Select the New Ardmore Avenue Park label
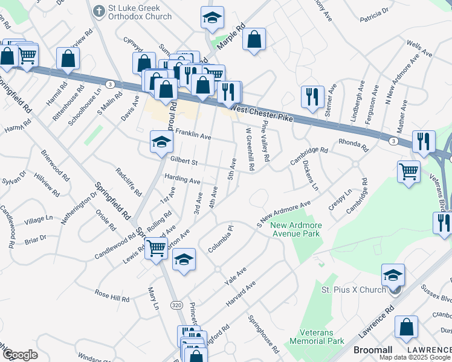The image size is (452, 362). point(296,230)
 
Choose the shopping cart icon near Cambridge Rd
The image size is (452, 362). point(409,171)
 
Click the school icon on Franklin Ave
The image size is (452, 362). point(161,142)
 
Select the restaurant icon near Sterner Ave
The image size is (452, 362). point(312,98)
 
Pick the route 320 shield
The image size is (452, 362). point(176,306)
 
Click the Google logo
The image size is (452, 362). point(20,355)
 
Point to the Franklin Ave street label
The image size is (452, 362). point(193,137)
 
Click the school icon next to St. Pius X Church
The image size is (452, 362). point(393,275)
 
